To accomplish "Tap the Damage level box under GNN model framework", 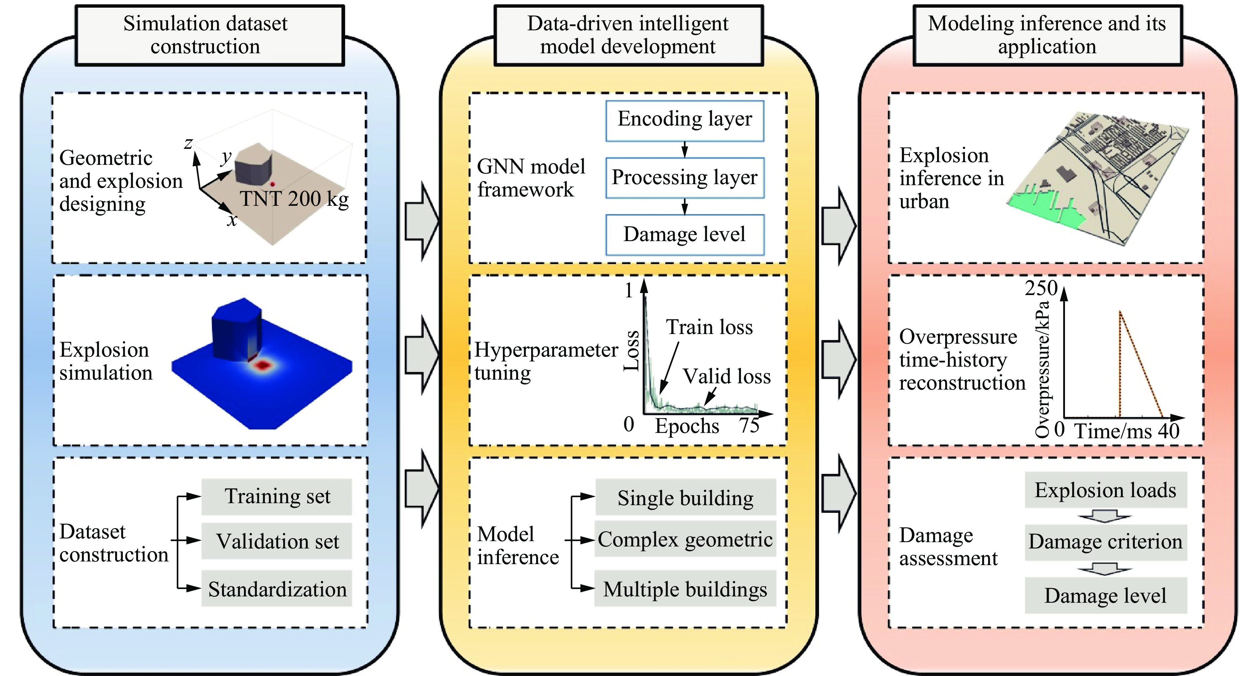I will coord(684,235).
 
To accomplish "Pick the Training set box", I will coord(277,497).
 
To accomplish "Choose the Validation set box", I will coord(277,541).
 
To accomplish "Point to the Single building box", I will coord(685,498).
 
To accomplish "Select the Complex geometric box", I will coord(685,539).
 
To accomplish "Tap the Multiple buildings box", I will coord(685,589).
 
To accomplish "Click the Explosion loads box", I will coord(1105,490).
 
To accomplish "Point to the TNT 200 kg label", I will coord(294,199).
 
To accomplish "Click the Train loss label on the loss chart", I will coord(709,327).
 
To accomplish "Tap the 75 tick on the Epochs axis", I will coord(749,426).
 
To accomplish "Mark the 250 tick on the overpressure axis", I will coord(1041,288).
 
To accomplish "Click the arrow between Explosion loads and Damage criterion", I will coord(1104,516).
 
